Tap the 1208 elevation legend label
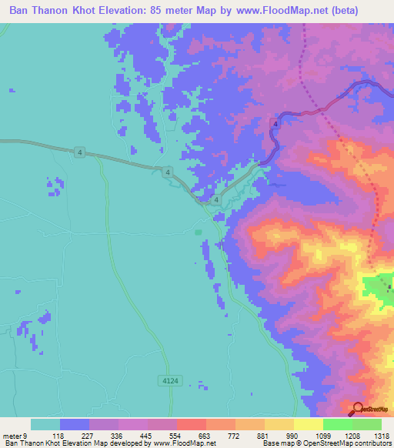pyautogui.click(x=337, y=435)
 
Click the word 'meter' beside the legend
pyautogui.click(x=12, y=435)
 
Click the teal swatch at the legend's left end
pyautogui.click(x=45, y=424)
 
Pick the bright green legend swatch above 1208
pyautogui.click(x=337, y=424)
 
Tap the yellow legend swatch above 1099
pyautogui.click(x=308, y=424)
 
